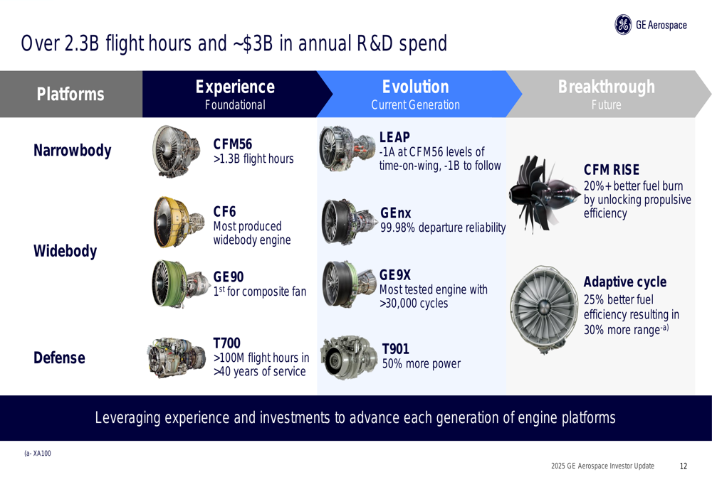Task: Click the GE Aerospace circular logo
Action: coord(623,24)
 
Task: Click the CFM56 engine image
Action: coord(177,151)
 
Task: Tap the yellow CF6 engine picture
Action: coord(179,223)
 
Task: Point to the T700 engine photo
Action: coord(177,358)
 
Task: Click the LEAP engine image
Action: coord(347,149)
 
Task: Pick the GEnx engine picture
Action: coord(349,222)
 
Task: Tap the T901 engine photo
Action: coord(349,358)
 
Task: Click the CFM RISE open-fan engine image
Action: coord(544,194)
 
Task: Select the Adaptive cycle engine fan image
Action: coord(545,309)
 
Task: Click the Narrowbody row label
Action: coord(72,151)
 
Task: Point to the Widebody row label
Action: coord(66,251)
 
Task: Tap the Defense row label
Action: coord(59,358)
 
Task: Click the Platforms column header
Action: coord(70,95)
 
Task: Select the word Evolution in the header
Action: coord(416,87)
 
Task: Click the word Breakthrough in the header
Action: coord(607,87)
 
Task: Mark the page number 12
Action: coord(684,466)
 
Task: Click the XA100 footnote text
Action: coord(38,454)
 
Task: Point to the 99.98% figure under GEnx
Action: coord(398,228)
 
